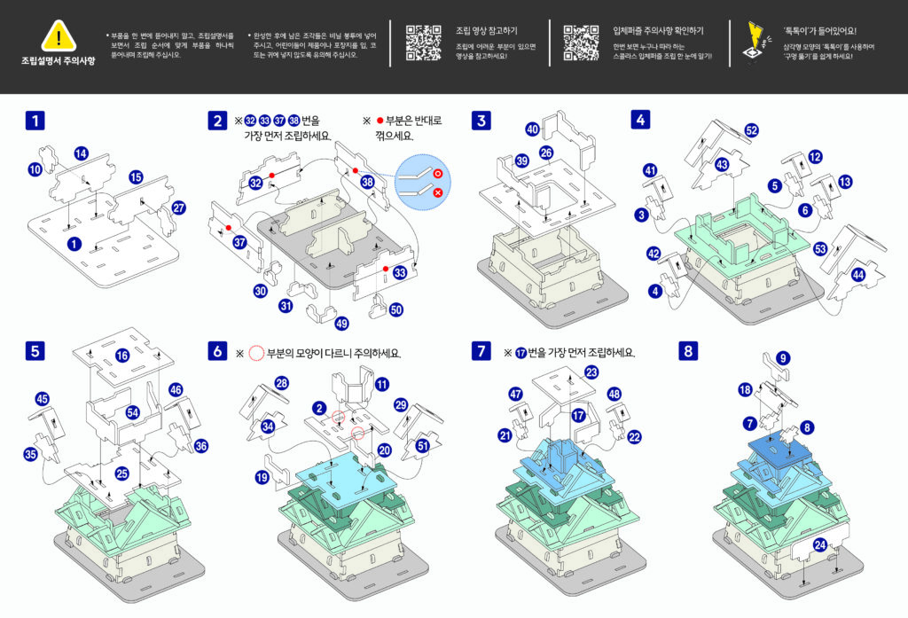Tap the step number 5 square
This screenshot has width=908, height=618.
[35, 351]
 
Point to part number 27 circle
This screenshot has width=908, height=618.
[179, 208]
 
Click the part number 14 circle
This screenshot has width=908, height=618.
[82, 153]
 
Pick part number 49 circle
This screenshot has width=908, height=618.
[341, 324]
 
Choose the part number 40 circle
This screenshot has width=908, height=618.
[532, 129]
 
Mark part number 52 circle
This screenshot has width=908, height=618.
[752, 130]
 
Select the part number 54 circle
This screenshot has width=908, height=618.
[133, 413]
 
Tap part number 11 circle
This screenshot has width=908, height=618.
[381, 384]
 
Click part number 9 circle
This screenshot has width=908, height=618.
[782, 358]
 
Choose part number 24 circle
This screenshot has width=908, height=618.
[821, 544]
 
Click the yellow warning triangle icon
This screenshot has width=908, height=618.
[58, 35]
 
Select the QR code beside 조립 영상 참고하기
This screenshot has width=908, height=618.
[424, 43]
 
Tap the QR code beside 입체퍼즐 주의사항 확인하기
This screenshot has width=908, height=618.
[582, 43]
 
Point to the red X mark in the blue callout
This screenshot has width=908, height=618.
[437, 192]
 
